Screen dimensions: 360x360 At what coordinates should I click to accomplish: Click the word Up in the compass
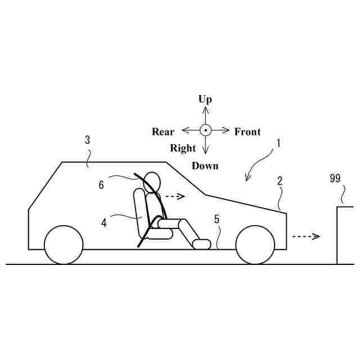coord(205,100)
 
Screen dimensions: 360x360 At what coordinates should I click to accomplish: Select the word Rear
coord(163,132)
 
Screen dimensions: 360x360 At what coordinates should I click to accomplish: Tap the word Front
coord(247,132)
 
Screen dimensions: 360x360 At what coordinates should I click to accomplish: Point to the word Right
coord(183,148)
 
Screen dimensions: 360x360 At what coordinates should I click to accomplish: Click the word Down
coord(205,166)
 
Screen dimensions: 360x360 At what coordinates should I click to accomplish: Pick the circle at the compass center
coord(206,130)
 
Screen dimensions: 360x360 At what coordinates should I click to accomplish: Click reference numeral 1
coord(278,143)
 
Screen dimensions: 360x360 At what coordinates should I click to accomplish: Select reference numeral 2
coord(280,181)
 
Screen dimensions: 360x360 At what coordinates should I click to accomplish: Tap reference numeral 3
coord(87,140)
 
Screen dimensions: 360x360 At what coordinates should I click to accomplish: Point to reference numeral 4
coord(104,222)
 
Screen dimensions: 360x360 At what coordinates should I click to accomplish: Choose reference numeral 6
coord(101,184)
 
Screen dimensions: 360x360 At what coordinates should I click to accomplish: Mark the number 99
coord(336,179)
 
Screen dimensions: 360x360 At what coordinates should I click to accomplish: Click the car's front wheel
coord(255,245)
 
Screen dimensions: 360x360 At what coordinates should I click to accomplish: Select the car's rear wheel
coord(63,245)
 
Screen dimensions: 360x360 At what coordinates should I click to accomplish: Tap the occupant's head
coord(152,182)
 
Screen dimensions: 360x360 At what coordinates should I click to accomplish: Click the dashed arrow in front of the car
coord(307,236)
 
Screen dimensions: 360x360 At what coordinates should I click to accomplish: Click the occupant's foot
coord(202,244)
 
